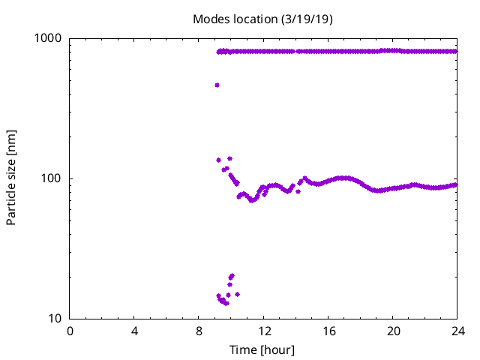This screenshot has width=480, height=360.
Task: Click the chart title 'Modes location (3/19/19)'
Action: (x=262, y=19)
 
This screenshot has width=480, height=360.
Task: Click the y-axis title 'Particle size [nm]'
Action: (x=11, y=178)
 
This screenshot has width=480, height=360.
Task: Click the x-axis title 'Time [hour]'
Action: (x=262, y=350)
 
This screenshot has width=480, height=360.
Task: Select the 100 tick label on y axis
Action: (x=53, y=178)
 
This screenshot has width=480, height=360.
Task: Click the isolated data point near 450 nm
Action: (x=217, y=85)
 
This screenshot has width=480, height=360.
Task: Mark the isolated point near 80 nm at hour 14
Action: (x=298, y=191)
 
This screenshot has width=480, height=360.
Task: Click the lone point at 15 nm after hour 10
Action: (x=237, y=294)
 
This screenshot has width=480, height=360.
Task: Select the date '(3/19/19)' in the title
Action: (x=307, y=19)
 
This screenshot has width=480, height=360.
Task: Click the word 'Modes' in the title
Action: (x=210, y=19)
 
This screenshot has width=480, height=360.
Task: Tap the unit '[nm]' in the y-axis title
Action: (x=11, y=139)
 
